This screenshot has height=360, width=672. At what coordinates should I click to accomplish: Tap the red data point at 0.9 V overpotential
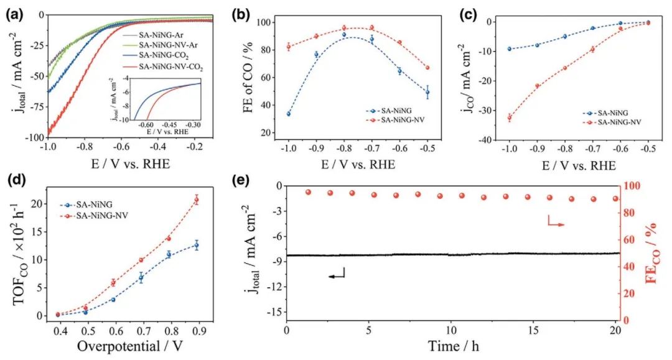[197, 200]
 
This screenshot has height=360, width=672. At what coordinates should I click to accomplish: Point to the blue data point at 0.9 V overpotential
[197, 245]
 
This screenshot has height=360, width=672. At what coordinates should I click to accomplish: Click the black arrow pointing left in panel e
[335, 274]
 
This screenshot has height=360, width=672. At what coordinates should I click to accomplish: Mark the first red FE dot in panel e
[308, 192]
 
